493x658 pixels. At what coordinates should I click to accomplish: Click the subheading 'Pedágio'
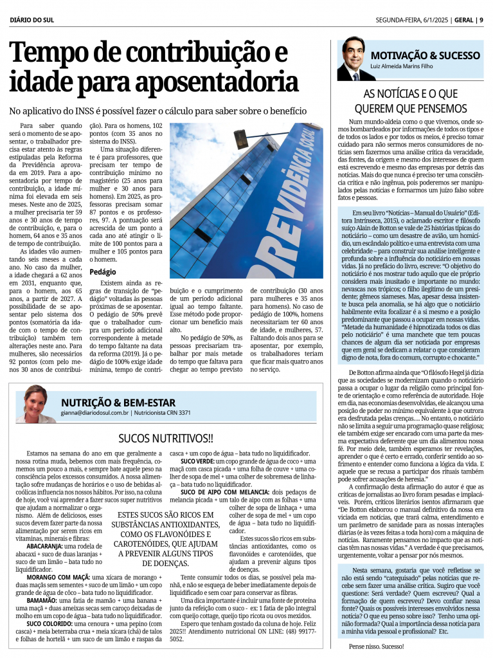tap(103, 272)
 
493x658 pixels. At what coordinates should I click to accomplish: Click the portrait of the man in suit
tap(352, 59)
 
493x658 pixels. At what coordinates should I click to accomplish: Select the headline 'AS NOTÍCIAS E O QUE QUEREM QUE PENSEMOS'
tap(411, 100)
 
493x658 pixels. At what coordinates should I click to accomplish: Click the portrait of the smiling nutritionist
tap(36, 404)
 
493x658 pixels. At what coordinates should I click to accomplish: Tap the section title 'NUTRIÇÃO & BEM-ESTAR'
tap(118, 402)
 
